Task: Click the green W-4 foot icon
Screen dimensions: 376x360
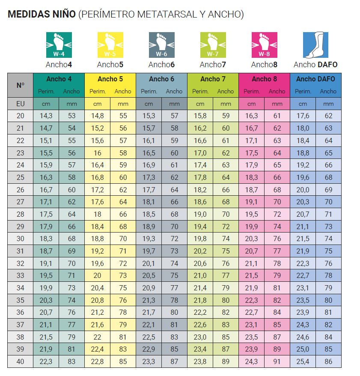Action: [59, 45]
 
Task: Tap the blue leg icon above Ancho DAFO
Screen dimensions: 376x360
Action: [315, 45]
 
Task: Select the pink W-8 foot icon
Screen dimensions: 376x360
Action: [264, 45]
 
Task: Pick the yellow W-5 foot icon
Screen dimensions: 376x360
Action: [110, 45]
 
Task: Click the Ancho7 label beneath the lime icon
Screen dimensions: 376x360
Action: [213, 65]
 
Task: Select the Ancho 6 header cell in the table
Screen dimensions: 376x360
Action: [161, 79]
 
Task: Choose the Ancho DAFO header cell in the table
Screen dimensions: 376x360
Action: [315, 79]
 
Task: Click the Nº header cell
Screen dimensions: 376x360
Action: [21, 85]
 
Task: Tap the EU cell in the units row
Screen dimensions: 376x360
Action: [21, 104]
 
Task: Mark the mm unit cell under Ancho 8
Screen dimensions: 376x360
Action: [277, 104]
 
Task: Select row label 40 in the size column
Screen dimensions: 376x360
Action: [21, 361]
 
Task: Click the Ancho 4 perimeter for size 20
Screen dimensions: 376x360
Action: [46, 116]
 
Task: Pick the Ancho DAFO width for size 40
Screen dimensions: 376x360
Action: [328, 361]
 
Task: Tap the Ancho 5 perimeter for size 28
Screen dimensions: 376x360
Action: [98, 214]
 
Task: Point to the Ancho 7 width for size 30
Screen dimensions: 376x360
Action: [226, 239]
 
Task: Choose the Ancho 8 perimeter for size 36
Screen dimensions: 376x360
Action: [251, 313]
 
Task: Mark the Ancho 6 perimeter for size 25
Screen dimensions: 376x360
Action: [149, 177]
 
